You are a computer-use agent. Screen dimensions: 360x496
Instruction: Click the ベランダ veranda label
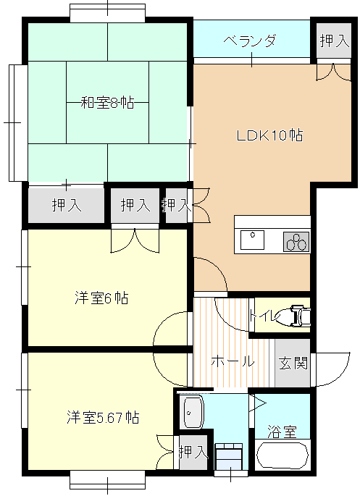tap(250, 41)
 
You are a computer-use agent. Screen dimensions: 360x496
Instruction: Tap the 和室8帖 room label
tap(107, 103)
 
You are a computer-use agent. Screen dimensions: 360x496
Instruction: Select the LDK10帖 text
tap(269, 135)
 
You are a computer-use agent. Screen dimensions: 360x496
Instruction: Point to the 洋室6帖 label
tap(101, 298)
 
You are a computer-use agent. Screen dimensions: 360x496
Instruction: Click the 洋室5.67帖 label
tap(103, 418)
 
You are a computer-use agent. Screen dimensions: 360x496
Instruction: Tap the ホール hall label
tap(233, 361)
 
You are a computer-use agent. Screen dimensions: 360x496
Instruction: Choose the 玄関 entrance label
tap(293, 363)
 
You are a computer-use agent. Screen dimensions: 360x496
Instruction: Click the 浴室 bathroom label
tap(282, 432)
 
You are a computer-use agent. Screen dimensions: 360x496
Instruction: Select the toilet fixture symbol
tap(295, 316)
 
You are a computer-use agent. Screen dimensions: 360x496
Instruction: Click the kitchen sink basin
tap(252, 240)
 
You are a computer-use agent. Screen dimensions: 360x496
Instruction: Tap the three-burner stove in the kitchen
tap(296, 242)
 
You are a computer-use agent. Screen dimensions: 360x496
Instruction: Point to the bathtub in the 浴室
tap(282, 456)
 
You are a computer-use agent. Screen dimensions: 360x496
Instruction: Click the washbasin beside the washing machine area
tap(193, 412)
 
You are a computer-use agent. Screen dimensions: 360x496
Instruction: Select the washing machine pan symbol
tap(229, 456)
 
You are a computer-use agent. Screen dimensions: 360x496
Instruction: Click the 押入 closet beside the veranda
tap(334, 41)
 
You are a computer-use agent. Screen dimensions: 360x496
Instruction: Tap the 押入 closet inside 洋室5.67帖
tap(193, 453)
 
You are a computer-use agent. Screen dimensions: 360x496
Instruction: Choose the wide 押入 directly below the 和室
tap(67, 206)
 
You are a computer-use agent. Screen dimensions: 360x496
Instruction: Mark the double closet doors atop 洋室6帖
tap(135, 241)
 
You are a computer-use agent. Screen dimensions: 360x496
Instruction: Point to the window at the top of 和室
tap(107, 12)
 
